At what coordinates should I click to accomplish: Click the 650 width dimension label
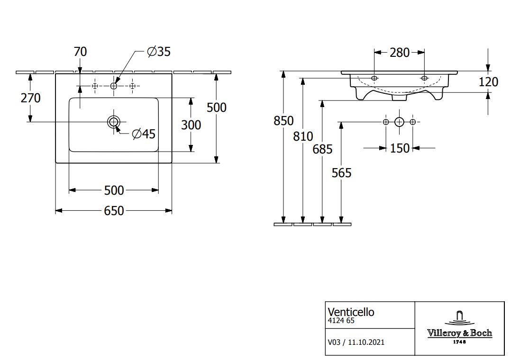114,210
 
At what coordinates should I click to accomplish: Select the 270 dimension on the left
30,98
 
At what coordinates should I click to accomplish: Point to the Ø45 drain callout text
144,134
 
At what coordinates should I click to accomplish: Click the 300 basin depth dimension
191,125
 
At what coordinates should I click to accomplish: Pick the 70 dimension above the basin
80,52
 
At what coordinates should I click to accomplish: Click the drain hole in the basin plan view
113,122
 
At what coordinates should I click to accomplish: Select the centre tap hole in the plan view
113,86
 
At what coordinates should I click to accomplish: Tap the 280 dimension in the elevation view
399,53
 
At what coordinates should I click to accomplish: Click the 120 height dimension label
488,82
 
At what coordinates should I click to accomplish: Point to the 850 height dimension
283,121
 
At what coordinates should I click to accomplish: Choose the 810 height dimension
303,136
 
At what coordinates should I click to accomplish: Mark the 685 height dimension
322,149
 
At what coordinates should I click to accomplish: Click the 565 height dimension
341,173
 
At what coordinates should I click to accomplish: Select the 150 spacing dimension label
400,148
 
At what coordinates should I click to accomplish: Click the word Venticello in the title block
351,312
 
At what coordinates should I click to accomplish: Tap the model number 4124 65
341,321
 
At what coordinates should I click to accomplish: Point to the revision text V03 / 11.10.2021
356,342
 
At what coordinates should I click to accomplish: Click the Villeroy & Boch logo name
459,333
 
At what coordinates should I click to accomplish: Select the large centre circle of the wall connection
399,122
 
